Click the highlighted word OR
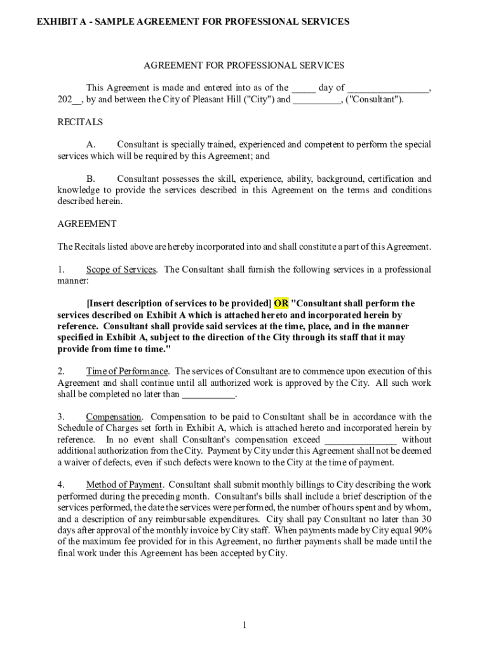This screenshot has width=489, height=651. pyautogui.click(x=281, y=303)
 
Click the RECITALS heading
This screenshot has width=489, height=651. pyautogui.click(x=80, y=121)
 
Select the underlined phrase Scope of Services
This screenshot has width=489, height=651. pyautogui.click(x=121, y=270)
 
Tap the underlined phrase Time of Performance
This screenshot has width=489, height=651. pyautogui.click(x=127, y=371)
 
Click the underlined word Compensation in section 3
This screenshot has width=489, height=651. pyautogui.click(x=114, y=417)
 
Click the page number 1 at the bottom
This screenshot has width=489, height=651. pyautogui.click(x=244, y=626)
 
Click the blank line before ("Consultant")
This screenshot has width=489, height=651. pyautogui.click(x=317, y=99)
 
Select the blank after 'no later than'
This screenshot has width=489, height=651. pyautogui.click(x=208, y=394)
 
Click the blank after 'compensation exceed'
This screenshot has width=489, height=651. pyautogui.click(x=361, y=440)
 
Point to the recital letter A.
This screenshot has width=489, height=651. pyautogui.click(x=91, y=145)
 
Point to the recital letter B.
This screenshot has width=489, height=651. pyautogui.click(x=91, y=179)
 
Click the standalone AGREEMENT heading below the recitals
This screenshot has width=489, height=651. pyautogui.click(x=87, y=224)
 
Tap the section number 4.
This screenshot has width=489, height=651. pyautogui.click(x=60, y=485)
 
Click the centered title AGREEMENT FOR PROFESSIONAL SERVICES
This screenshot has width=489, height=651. pyautogui.click(x=244, y=65)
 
